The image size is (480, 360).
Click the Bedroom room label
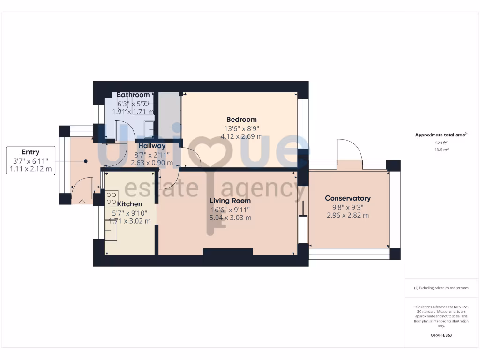(241, 120)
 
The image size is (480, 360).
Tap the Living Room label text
(230, 201)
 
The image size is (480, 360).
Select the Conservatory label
(348, 198)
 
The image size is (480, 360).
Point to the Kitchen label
(129, 204)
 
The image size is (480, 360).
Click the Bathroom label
(133, 95)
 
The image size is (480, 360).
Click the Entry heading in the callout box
(30, 152)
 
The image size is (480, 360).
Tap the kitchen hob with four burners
(112, 198)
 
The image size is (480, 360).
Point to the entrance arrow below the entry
(82, 202)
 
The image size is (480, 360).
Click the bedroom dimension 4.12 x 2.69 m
(241, 136)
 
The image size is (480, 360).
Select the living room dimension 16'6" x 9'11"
(230, 210)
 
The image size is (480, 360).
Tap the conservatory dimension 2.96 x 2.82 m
(348, 215)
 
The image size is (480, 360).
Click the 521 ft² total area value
(441, 142)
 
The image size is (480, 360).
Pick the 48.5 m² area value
(441, 150)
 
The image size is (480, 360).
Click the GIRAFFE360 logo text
(441, 335)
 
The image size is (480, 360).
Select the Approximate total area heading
(440, 135)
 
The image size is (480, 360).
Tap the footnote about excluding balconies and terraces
(441, 288)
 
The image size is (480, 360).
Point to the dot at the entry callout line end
(86, 161)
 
